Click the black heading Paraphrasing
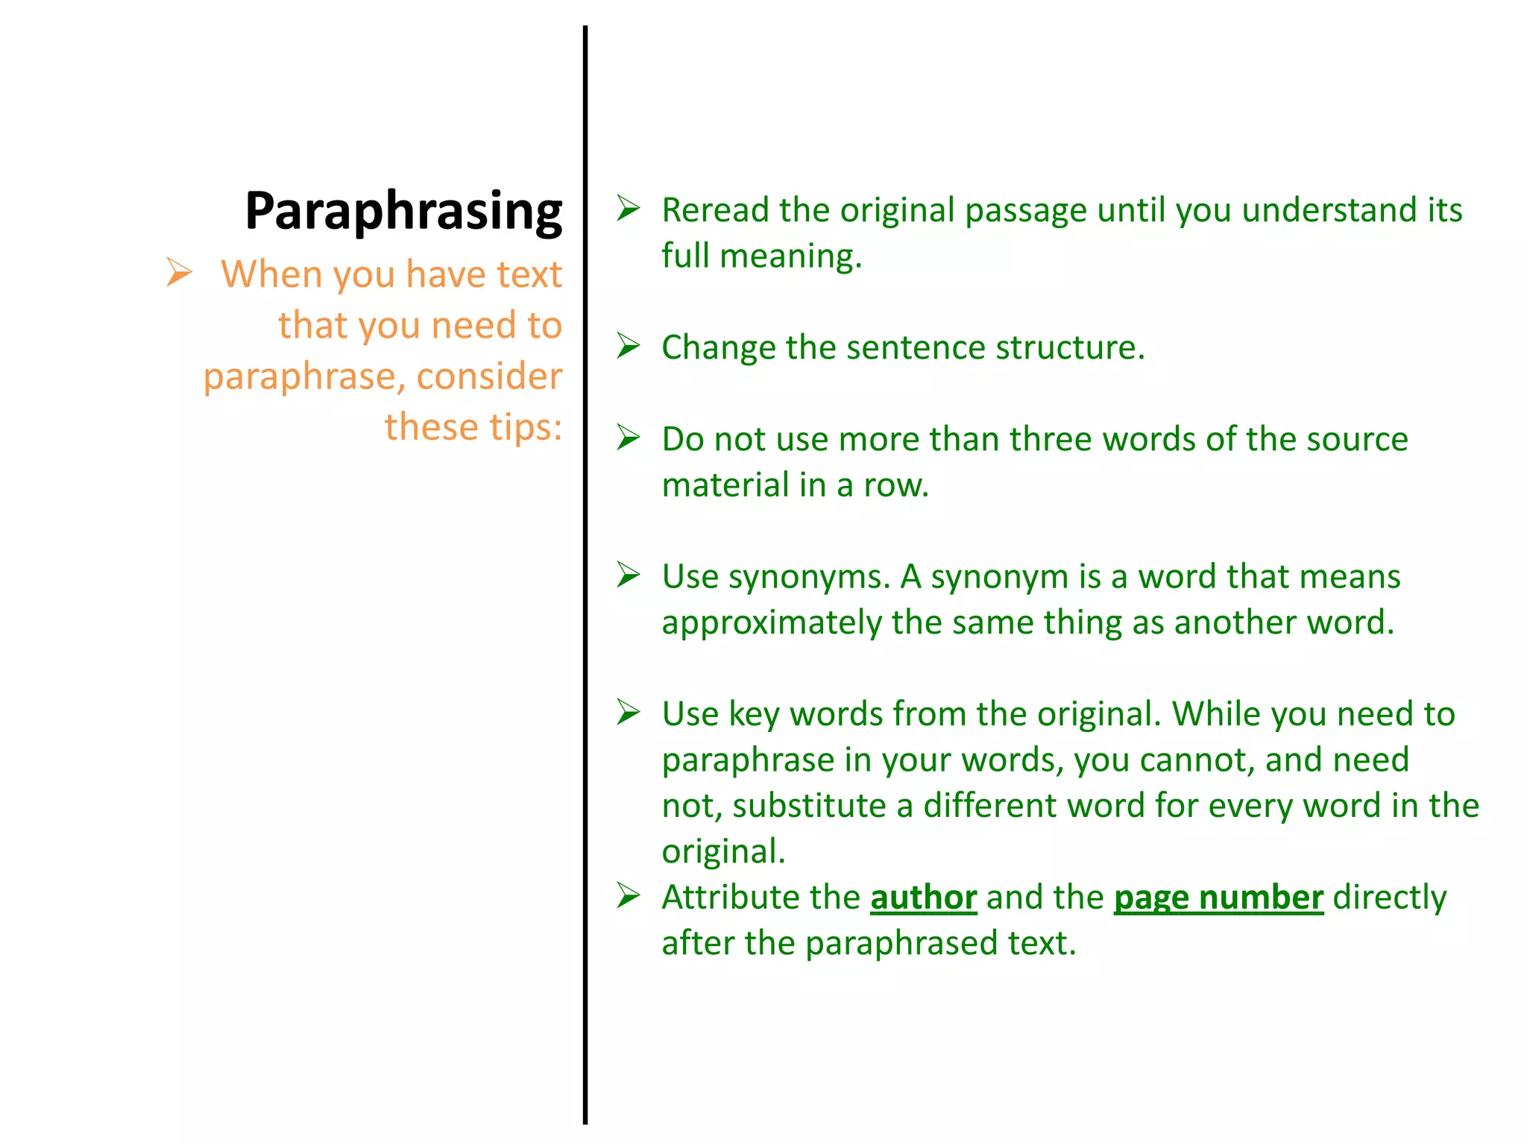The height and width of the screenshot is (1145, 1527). point(403,212)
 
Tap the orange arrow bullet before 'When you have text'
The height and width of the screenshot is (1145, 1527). point(179,272)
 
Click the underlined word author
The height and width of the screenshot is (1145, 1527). point(923,898)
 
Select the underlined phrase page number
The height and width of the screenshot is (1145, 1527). point(1218,898)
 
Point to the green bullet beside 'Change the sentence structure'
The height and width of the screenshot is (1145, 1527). point(629,346)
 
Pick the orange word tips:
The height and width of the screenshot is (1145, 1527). point(526,427)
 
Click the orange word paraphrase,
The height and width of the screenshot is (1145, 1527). point(305,376)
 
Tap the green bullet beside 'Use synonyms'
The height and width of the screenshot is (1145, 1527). point(629,575)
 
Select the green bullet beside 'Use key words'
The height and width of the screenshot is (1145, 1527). point(629,713)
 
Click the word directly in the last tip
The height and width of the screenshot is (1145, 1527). point(1389,898)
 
